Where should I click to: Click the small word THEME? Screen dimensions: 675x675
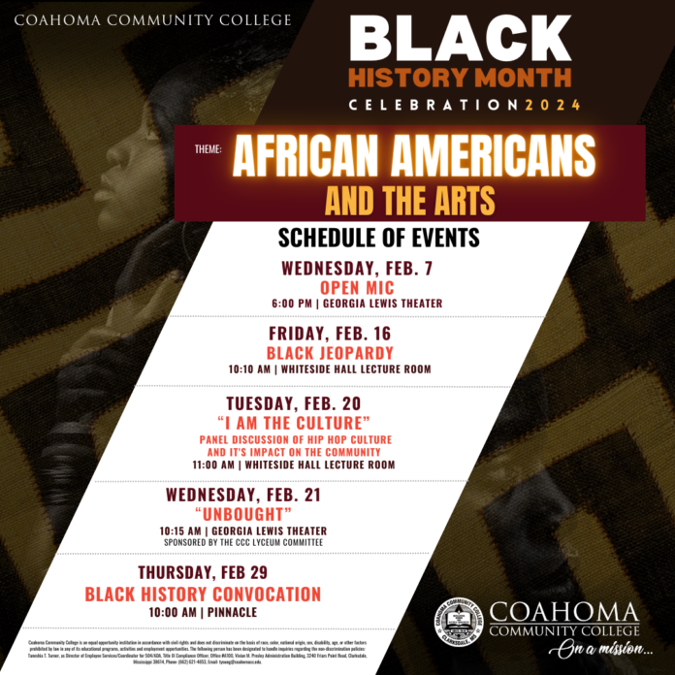tap(208, 150)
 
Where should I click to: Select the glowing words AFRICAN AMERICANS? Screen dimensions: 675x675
tap(413, 154)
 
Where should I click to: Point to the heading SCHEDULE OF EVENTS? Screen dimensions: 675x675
tap(378, 238)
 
